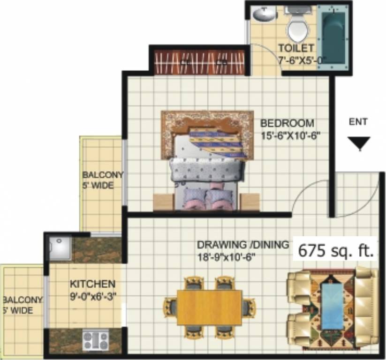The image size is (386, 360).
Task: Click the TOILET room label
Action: coord(295,48)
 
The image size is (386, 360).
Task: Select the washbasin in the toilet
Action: coord(264,15)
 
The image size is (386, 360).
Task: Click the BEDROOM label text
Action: coord(287,124)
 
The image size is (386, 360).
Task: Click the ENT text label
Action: coord(359,121)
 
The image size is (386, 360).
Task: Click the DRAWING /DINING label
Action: coord(242,245)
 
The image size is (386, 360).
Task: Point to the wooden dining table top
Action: coord(209,307)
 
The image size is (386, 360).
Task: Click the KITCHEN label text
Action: coord(92,284)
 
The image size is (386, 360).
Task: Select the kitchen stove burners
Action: coord(96,340)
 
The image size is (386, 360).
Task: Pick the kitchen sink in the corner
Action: coord(60,249)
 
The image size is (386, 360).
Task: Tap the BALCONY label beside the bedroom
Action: coord(103,175)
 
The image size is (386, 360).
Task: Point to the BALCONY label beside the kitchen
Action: coord(22,300)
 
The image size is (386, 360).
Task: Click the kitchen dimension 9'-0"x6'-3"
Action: coord(92,296)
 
